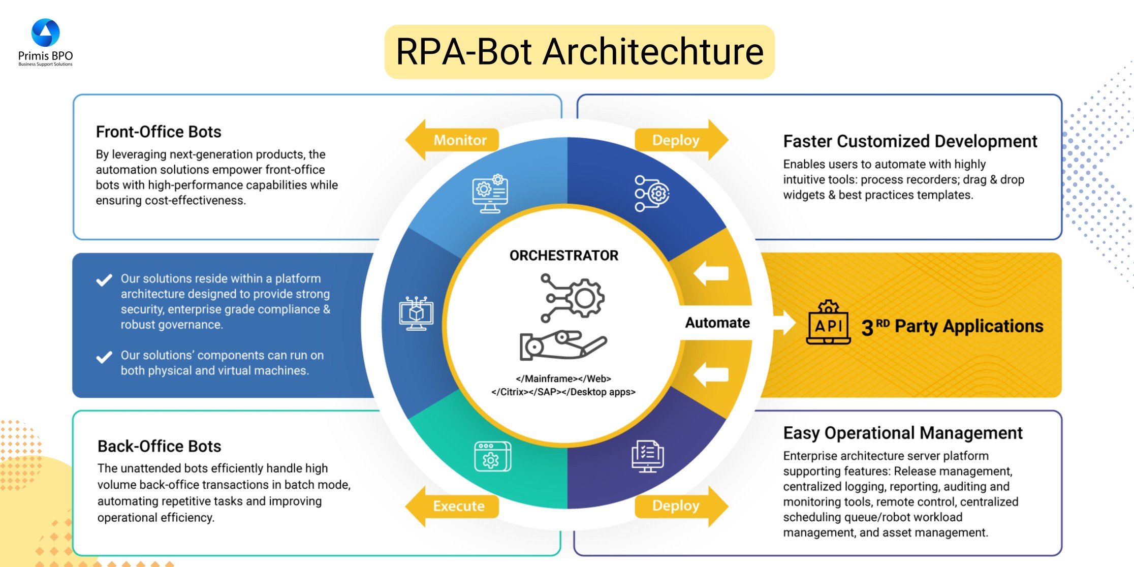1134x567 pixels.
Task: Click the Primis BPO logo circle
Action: click(x=46, y=33)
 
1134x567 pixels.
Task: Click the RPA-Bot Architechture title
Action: click(x=579, y=52)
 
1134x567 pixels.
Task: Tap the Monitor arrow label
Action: click(x=459, y=140)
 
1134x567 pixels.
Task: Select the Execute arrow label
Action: click(x=458, y=506)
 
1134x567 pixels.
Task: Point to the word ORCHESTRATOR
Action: click(x=564, y=256)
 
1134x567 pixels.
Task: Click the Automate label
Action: click(x=717, y=323)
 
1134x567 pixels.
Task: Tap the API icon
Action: click(x=828, y=323)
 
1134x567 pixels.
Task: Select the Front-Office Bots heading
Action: click(x=159, y=132)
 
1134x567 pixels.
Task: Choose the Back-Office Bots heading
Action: click(x=159, y=446)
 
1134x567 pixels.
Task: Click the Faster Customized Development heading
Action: click(x=910, y=141)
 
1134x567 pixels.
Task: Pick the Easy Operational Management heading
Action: click(x=903, y=433)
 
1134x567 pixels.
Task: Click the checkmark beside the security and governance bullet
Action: click(x=104, y=280)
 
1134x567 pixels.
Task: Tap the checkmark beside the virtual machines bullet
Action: click(x=104, y=357)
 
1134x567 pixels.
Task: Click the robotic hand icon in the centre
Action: click(x=562, y=345)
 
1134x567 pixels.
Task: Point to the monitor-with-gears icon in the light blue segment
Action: click(x=490, y=194)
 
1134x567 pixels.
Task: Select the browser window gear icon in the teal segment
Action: click(x=492, y=456)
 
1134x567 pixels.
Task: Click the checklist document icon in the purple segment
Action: click(x=647, y=456)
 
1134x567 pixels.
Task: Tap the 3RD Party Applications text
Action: click(x=952, y=326)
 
